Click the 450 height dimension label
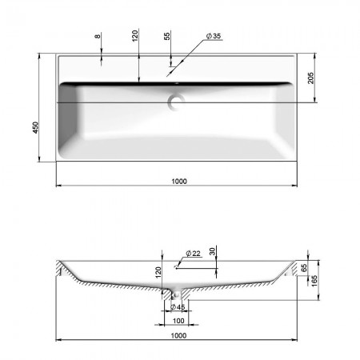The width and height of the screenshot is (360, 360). coord(35,127)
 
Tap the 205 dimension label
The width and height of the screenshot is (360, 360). coord(311,78)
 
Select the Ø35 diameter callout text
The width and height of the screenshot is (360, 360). coord(214,36)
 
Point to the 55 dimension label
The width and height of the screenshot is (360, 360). coord(167,36)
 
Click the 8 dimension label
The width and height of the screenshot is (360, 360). coord(98,36)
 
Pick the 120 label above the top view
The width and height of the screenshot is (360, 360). coord(135,35)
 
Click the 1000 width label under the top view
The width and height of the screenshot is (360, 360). coord(179,182)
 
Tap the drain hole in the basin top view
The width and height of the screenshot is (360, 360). coord(176,102)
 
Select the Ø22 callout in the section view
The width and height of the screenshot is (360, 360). coord(193,253)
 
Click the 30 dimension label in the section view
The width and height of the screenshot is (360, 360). coord(212,251)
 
